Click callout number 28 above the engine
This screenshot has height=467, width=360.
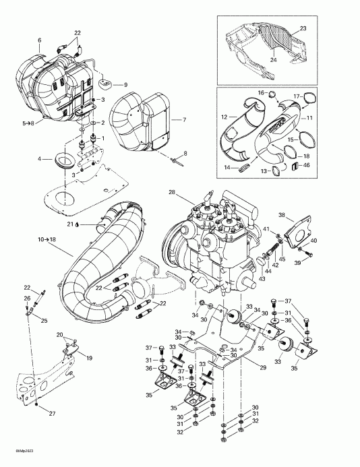click(171, 193)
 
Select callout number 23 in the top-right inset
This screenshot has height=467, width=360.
click(303, 28)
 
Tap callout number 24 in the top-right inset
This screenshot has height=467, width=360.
click(274, 60)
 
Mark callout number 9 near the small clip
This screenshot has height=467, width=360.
click(125, 84)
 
